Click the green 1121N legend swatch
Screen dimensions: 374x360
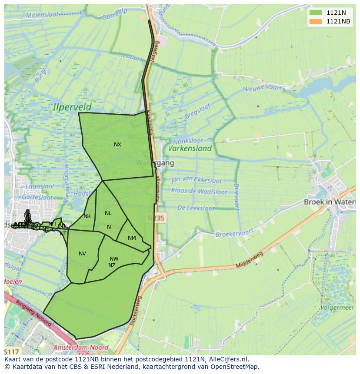coord(316,13)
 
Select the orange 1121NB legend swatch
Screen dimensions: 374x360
coord(316,21)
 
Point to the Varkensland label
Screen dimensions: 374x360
coord(190,149)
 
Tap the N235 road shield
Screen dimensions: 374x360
coord(155,218)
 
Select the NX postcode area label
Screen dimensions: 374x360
coord(117,145)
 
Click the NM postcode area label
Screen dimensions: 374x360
coord(132,238)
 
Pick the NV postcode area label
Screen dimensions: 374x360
coord(82,254)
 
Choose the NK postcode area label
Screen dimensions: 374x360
coord(87,216)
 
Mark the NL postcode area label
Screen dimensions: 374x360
coord(108,213)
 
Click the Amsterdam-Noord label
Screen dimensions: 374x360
coord(80,348)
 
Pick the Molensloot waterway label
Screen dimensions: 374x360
coord(42,15)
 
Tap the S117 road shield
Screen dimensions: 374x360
coord(12,351)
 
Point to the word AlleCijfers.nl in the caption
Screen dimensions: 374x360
coord(228,359)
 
